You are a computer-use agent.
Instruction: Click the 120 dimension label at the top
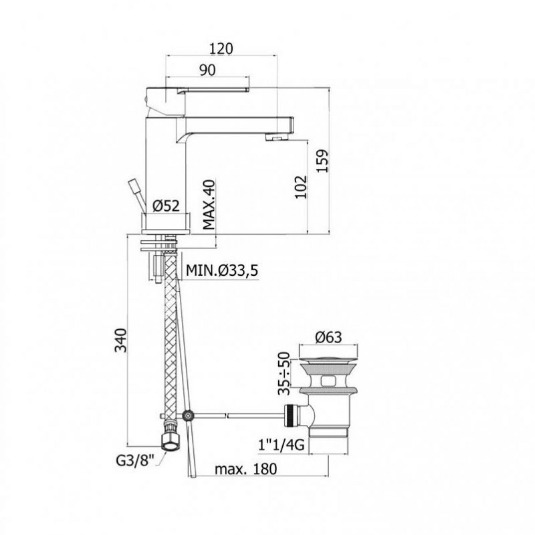click(221, 49)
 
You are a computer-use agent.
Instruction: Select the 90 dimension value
click(207, 70)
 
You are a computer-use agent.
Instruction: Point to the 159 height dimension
click(322, 161)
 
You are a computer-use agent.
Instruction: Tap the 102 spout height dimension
click(301, 187)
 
